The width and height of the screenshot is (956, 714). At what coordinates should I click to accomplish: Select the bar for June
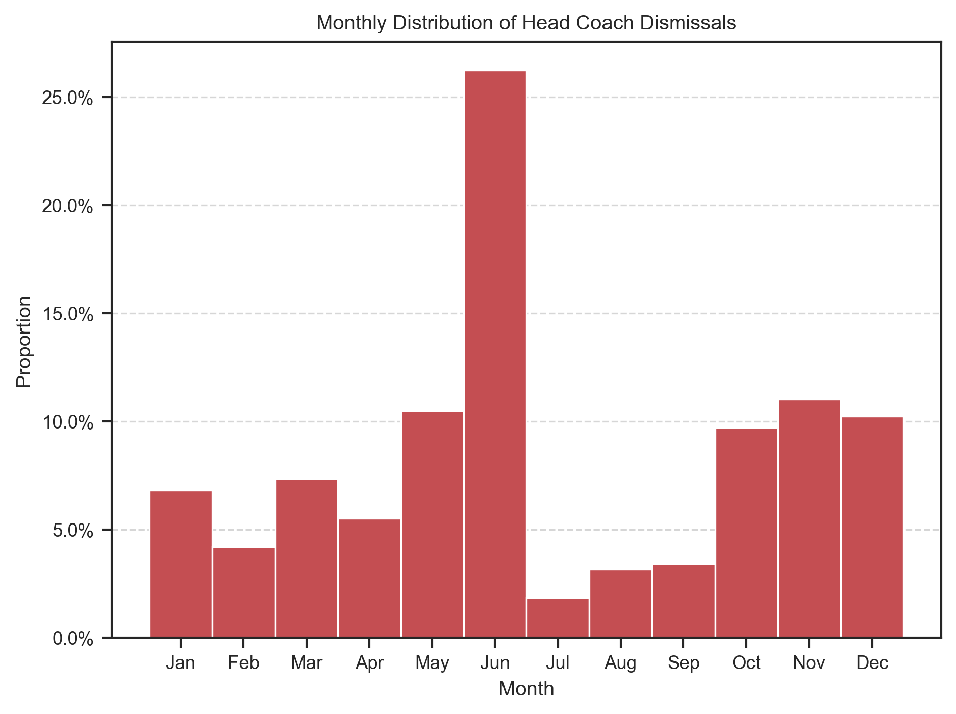click(495, 354)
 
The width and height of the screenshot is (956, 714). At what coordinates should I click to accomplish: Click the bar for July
click(558, 618)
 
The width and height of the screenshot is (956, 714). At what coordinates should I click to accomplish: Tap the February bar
click(243, 592)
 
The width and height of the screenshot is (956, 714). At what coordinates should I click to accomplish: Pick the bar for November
click(809, 518)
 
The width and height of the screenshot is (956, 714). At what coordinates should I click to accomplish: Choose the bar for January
click(181, 564)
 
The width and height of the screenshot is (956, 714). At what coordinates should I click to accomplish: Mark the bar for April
click(369, 578)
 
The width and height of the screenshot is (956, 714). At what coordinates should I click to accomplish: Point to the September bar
click(683, 601)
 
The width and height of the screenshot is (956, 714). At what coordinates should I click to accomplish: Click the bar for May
click(432, 525)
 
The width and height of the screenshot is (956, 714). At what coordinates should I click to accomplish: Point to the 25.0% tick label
click(68, 98)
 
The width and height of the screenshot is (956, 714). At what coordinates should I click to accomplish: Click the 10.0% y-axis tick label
click(68, 422)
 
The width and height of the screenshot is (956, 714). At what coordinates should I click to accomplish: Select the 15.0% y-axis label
click(68, 314)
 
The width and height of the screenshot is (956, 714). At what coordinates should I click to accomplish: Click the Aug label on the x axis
click(620, 662)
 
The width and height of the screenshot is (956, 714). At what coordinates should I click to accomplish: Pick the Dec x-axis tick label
click(872, 662)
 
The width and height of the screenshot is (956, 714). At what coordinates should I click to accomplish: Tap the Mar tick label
click(307, 662)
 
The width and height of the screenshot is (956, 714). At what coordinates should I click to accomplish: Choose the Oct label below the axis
click(746, 662)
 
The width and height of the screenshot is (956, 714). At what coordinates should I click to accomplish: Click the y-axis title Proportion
click(24, 342)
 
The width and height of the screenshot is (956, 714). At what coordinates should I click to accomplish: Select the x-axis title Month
click(526, 689)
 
